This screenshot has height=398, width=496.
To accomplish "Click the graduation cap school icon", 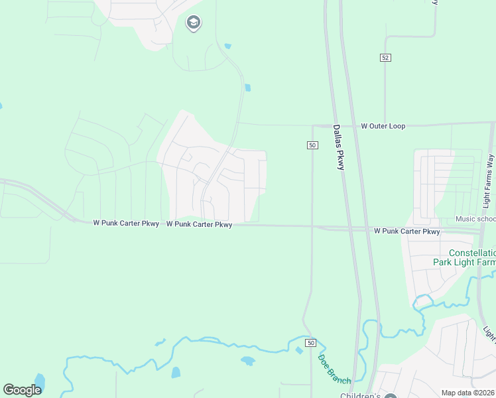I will click(194, 23).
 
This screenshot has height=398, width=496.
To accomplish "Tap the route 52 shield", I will click(385, 58).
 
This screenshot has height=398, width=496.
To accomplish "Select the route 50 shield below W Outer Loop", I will click(312, 145).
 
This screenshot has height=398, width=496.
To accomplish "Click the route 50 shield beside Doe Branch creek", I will click(311, 342).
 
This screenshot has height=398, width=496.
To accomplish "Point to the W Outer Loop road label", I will click(383, 125).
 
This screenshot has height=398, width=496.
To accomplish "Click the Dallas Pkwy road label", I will click(338, 147).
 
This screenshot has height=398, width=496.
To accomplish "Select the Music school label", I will click(475, 219).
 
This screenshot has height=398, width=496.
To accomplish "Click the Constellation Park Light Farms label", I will click(464, 257).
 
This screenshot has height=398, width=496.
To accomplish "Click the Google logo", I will click(22, 390).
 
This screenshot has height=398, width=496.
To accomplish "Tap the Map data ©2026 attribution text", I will click(468, 393).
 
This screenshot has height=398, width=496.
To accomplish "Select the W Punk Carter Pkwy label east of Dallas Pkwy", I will click(406, 232).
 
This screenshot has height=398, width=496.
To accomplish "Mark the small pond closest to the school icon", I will click(228, 46).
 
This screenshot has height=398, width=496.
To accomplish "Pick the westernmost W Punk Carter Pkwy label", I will click(125, 224).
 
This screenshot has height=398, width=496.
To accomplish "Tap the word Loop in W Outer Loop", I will click(397, 125).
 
